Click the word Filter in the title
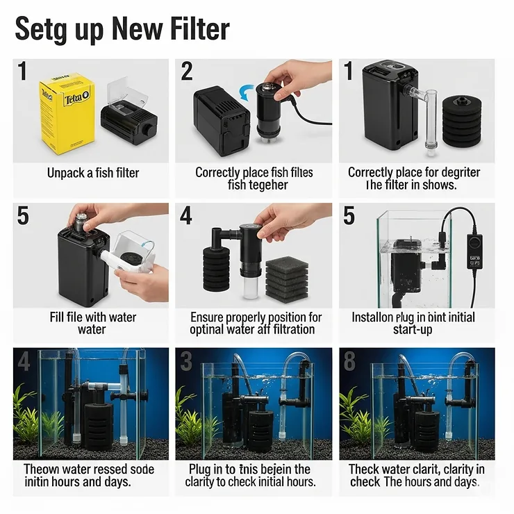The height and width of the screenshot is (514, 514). (193, 29)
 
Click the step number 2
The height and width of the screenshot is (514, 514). (187, 72)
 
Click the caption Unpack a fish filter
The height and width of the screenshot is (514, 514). (93, 173)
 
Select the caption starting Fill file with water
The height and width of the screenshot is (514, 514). (92, 323)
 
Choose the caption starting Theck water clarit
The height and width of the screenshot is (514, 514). (417, 475)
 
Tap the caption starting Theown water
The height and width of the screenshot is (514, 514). (91, 475)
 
